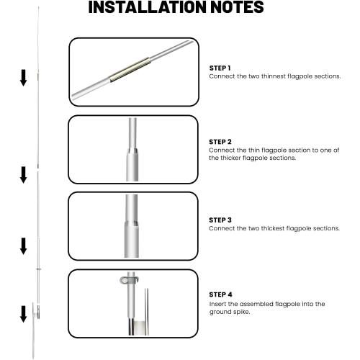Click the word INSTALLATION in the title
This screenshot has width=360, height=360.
coord(148,7)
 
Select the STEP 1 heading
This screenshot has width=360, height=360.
coord(220,68)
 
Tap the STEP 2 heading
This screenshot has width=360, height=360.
coord(220,142)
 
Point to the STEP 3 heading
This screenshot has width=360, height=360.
coord(220,220)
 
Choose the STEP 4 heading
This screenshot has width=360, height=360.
coord(220,294)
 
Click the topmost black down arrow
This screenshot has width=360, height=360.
coord(23,78)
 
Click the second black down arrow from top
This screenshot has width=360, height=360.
coord(23,175)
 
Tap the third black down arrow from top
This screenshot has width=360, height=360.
coord(23,246)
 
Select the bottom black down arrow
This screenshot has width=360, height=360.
coord(23,314)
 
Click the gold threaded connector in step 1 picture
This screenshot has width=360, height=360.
coord(130,70)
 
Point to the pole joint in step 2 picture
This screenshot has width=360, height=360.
coord(132,151)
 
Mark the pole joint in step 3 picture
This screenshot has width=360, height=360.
coord(132,224)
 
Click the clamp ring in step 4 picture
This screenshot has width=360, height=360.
coord(129,280)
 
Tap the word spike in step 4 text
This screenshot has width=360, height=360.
coord(241,312)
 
